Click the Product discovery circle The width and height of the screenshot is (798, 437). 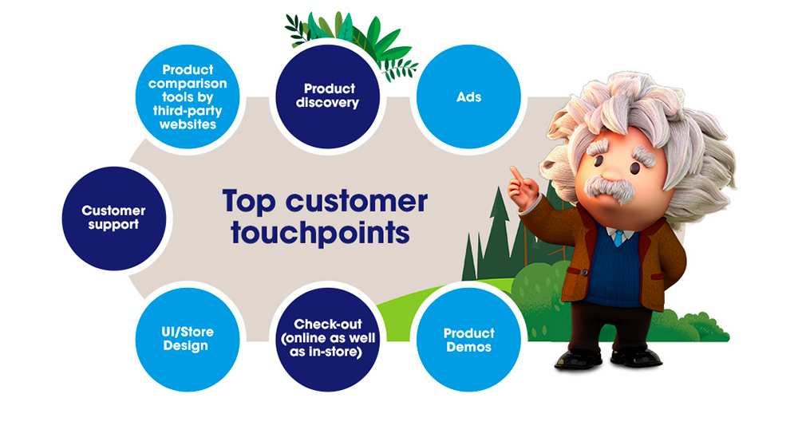[x=328, y=96]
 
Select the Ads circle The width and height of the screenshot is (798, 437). [x=468, y=96]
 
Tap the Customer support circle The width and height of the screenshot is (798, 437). [x=114, y=218]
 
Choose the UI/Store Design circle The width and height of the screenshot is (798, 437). [x=188, y=340]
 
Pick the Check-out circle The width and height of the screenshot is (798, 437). [x=328, y=340]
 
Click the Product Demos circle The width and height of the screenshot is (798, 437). [x=468, y=340]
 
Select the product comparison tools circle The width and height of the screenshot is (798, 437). [x=188, y=96]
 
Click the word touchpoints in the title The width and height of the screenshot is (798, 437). [x=320, y=233]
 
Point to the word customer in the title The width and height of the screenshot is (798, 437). [x=356, y=201]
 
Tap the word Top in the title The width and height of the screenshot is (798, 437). [x=249, y=202]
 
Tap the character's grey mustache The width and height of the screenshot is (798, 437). [x=609, y=188]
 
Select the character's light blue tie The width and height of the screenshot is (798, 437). [x=618, y=238]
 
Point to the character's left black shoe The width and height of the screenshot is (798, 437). [x=578, y=358]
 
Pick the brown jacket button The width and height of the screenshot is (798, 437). [x=585, y=273]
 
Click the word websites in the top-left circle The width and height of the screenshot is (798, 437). [x=188, y=124]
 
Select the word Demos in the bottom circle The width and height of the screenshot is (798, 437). [x=468, y=347]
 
